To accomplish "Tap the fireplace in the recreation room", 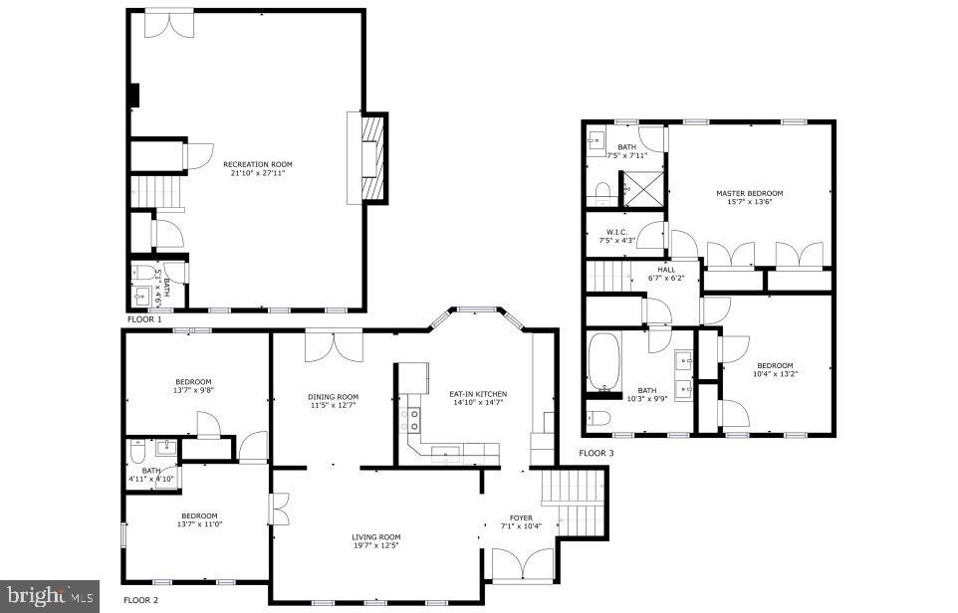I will point(368,159).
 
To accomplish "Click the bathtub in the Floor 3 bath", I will point(603,363).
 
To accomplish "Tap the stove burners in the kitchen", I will point(410,419).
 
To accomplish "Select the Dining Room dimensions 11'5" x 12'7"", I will point(333,406).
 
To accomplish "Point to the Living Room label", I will point(375,537).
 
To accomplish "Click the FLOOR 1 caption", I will point(144,319).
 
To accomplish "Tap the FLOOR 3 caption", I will point(597,454).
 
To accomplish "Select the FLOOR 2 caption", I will point(140,600).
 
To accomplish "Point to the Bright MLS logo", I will point(49,597).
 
